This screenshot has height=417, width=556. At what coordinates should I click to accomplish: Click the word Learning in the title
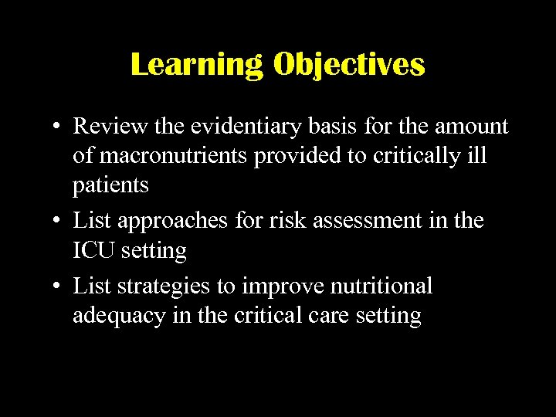pos(196,65)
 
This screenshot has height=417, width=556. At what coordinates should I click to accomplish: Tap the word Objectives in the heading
pos(348,65)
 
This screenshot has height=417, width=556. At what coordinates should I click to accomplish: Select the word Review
pos(108,126)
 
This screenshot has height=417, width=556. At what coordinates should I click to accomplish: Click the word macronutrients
pos(163,156)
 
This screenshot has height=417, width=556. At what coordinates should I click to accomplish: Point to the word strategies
pos(161,286)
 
